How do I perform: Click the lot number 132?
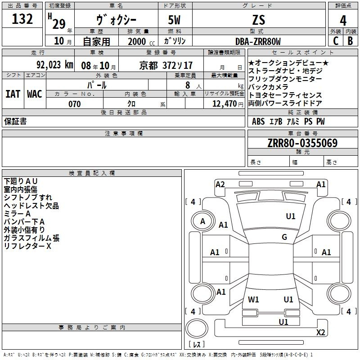pos(22,19)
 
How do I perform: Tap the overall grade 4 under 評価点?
pos(343,21)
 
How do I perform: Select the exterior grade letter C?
pos(336,41)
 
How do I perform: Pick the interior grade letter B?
pos(350,41)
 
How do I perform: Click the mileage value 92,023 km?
pos(55,65)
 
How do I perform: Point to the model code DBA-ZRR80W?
pos(258,41)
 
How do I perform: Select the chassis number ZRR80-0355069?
pos(302,143)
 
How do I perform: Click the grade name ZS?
pos(259,20)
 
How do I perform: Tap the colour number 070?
pos(75,104)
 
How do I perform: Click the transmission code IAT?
pos(13,94)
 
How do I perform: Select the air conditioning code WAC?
pos(35,94)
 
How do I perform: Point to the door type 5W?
pos(174,20)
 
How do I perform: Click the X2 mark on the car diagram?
pos(320,332)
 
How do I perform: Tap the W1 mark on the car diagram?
pos(253,299)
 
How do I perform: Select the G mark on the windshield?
pos(284,237)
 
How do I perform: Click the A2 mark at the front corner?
pos(220,184)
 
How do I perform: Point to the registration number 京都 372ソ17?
pos(166,65)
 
